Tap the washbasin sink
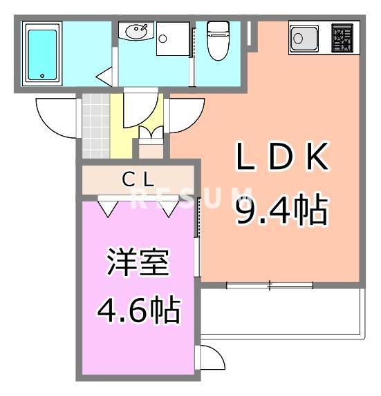134,31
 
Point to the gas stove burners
344,38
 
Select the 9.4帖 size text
280,210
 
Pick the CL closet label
139,179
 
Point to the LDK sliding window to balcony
270,284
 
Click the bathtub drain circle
43,77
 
